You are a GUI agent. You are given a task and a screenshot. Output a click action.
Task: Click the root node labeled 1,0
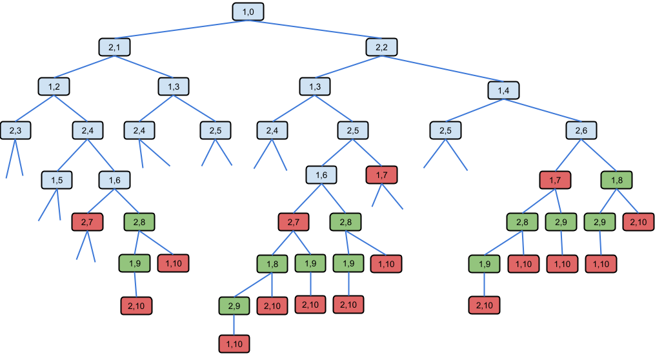tap(248, 12)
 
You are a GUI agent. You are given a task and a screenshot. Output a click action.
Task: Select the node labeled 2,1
tap(114, 47)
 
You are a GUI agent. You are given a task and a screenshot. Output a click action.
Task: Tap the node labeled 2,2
tap(381, 47)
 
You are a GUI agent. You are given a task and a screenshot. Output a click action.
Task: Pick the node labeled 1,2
tap(54, 86)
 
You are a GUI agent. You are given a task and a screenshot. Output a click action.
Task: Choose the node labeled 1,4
tap(503, 90)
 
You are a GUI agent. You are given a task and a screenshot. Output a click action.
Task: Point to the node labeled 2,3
tap(15, 130)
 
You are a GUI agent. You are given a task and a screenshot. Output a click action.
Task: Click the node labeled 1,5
tap(57, 180)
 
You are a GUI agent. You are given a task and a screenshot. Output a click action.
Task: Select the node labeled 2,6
tap(581, 130)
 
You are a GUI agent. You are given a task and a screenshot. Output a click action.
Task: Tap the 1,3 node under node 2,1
tap(174, 86)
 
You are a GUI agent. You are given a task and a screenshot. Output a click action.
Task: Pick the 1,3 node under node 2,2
tap(315, 86)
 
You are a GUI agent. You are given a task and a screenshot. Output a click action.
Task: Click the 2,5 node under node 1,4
tap(445, 130)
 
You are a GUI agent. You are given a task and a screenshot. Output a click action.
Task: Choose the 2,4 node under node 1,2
tap(87, 130)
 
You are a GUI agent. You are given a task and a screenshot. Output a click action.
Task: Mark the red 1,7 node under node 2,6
tap(555, 180)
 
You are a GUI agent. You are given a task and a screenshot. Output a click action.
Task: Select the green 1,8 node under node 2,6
tap(617, 180)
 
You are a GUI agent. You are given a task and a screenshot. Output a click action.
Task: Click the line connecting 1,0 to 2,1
tap(181, 29)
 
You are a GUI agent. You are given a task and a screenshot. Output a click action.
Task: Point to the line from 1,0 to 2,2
tap(315, 29)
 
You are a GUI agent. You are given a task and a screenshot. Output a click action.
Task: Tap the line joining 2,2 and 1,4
tap(443, 68)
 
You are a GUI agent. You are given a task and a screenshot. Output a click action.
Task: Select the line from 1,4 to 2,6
tap(542, 110)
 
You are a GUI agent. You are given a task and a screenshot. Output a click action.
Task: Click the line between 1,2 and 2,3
tap(34, 108)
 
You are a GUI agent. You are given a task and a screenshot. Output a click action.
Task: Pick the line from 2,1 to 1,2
tap(84, 67)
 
